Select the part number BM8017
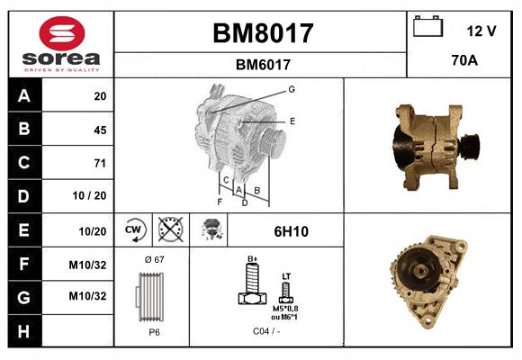tap(262, 33)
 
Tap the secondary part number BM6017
tap(262, 64)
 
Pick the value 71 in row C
tap(99, 163)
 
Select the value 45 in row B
tap(99, 130)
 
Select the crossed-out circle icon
tap(169, 230)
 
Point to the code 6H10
tap(291, 231)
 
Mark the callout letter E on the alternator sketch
tap(292, 120)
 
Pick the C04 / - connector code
tap(265, 331)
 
